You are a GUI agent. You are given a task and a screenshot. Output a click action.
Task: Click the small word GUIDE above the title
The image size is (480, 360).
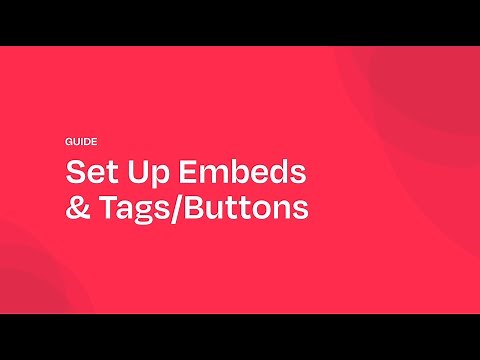tap(81, 142)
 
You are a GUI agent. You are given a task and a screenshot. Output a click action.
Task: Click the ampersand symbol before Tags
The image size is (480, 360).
tap(76, 209)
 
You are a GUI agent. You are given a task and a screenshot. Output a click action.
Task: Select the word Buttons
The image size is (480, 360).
tap(246, 209)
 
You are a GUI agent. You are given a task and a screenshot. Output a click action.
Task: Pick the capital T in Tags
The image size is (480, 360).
tap(105, 209)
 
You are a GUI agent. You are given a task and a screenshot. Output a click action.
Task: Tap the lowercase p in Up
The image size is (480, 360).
tap(152, 176)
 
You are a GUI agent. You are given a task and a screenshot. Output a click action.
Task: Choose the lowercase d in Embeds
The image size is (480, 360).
tap(275, 172)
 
